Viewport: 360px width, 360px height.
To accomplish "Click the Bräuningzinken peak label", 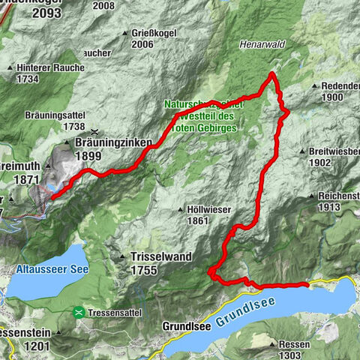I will [114, 142].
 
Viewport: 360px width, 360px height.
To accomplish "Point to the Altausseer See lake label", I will [45, 268].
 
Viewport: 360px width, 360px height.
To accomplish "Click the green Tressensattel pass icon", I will [78, 311].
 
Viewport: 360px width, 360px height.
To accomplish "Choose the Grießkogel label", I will [150, 32].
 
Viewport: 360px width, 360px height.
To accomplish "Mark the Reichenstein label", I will [338, 196].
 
